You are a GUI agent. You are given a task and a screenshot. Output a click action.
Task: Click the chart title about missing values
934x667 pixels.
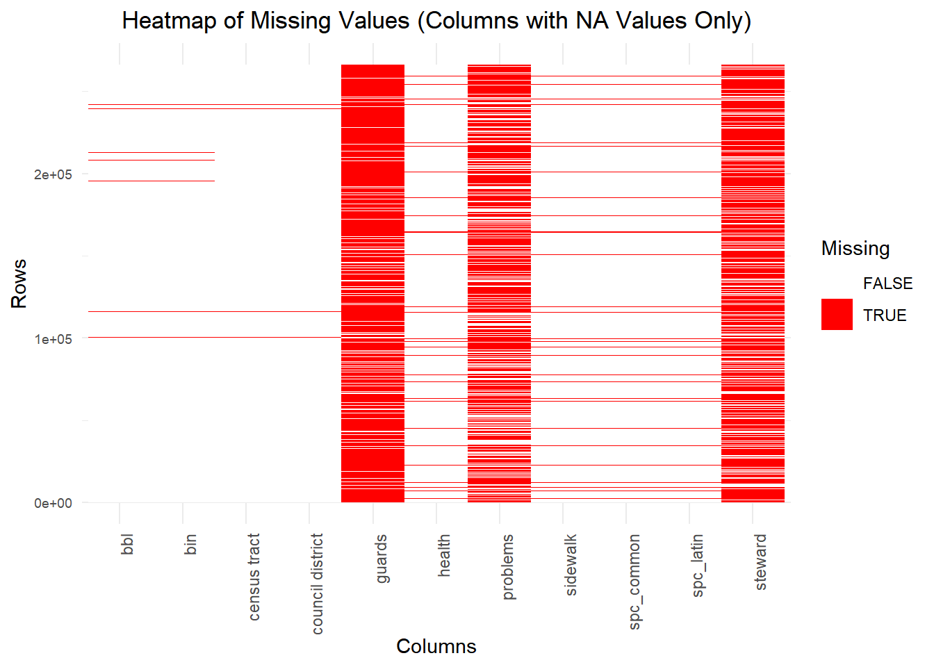tap(436, 21)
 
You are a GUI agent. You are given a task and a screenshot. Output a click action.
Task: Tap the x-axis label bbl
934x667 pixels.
tap(127, 544)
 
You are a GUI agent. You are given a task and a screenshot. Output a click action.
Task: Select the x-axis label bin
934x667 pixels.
tap(190, 544)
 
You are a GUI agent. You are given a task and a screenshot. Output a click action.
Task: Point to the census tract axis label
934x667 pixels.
tap(254, 577)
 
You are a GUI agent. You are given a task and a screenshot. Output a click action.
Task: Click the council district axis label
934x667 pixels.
tap(317, 584)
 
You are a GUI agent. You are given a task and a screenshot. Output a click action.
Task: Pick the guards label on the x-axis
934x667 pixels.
tap(381, 559)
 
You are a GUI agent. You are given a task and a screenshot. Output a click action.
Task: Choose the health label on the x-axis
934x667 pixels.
tap(444, 555)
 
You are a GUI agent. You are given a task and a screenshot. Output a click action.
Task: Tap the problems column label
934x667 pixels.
tap(507, 566)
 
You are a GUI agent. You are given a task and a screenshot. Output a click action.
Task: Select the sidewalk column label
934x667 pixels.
tap(571, 565)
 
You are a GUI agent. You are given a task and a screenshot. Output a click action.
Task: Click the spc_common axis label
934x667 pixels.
tap(634, 582)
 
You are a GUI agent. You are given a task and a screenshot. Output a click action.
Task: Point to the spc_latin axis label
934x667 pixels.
tap(697, 565)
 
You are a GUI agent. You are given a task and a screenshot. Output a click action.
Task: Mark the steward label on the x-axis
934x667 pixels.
tap(760, 562)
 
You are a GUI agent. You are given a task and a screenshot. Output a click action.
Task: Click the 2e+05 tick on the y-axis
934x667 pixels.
tap(53, 174)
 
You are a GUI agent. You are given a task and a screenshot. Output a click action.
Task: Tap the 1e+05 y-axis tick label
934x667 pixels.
tap(53, 339)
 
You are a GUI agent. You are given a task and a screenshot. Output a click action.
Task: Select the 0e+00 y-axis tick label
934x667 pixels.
tap(53, 503)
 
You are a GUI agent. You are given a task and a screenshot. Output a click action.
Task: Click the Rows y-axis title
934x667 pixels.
tap(19, 283)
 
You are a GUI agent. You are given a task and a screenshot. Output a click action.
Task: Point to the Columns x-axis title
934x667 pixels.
tap(436, 646)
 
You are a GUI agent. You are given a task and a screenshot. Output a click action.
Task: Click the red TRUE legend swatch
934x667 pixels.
tap(837, 315)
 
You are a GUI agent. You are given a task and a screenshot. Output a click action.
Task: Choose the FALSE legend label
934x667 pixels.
tap(887, 283)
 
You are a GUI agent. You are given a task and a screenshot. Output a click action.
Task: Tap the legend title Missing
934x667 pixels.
tap(855, 248)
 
